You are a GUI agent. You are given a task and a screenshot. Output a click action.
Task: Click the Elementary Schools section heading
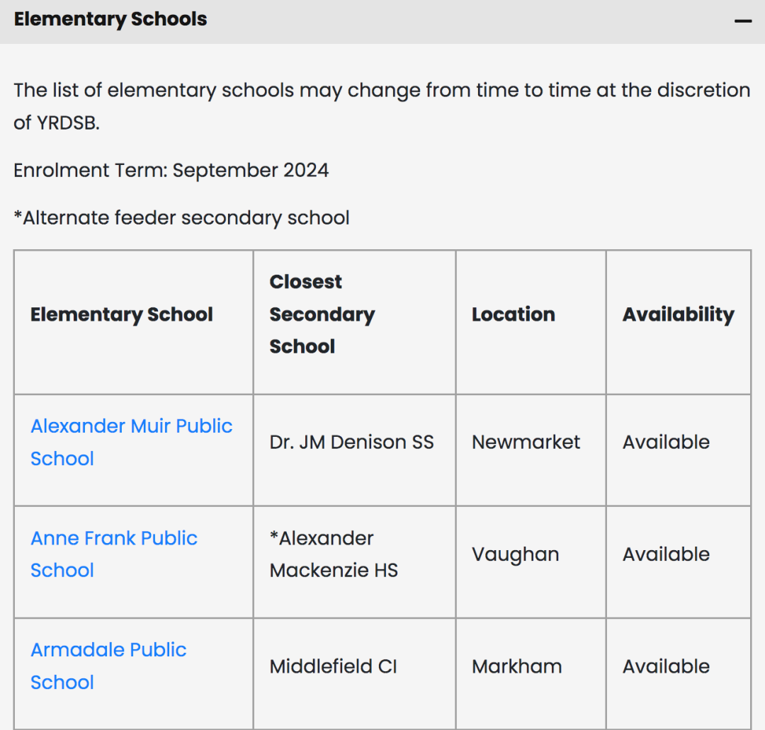[110, 19]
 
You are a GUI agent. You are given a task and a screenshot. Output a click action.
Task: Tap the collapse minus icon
[742, 21]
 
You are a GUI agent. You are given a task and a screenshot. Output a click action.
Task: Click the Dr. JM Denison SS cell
[351, 443]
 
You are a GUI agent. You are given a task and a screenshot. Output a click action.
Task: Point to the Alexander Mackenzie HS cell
[334, 554]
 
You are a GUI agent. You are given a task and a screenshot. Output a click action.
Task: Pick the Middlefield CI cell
[333, 666]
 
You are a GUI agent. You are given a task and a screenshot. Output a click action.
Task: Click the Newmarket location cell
[526, 443]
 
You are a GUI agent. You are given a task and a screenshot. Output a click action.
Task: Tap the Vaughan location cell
[515, 554]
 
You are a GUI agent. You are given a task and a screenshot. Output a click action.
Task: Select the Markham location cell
[516, 666]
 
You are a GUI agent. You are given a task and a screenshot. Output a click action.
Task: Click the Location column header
[513, 314]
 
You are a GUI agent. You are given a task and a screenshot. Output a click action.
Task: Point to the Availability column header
[678, 314]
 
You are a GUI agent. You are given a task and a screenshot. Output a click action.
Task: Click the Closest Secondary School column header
[322, 314]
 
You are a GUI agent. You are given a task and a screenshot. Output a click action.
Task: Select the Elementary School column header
[121, 314]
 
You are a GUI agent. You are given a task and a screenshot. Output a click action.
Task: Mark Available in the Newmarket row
[666, 443]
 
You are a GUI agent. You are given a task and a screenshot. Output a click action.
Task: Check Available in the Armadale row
[666, 666]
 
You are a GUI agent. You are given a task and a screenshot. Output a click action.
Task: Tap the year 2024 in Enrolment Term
[306, 171]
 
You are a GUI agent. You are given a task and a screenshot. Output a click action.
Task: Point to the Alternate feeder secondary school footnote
[181, 217]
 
